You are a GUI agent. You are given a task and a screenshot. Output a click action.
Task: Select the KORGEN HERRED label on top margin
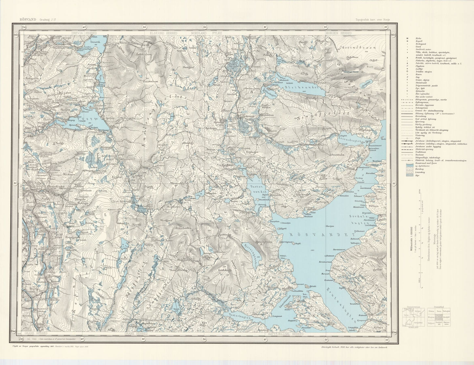339,33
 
